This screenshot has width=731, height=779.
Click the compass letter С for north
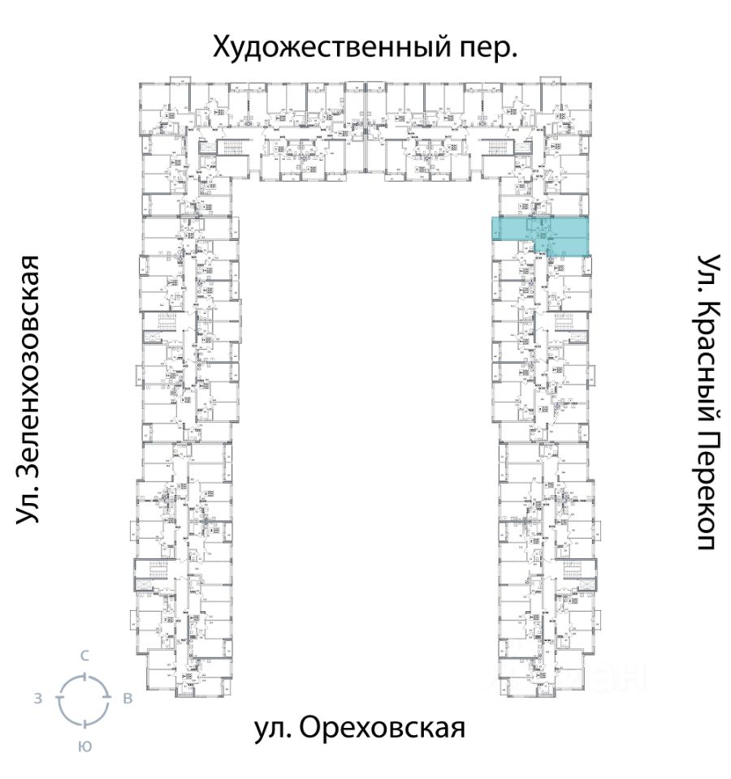coord(84,655)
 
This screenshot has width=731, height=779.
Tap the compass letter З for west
coord(37,699)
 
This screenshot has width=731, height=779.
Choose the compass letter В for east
coord(128,699)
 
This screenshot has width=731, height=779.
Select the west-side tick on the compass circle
coord(59,699)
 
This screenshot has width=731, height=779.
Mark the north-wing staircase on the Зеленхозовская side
coord(231,148)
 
